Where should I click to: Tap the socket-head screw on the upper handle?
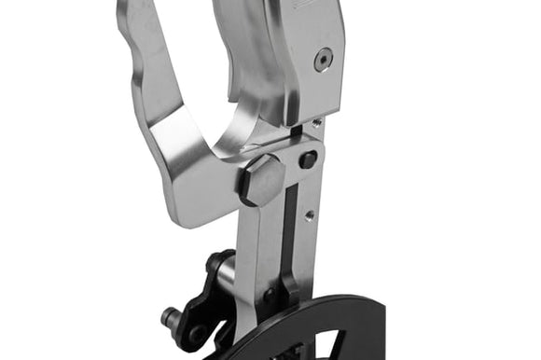322,61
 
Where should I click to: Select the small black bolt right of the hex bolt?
308,159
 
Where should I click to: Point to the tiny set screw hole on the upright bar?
309,216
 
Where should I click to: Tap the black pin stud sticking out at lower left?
170,317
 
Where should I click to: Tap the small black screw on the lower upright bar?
270,296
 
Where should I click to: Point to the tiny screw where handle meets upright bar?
317,122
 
